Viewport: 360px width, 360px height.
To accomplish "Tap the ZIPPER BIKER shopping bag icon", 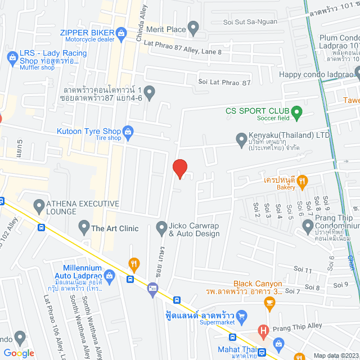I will (121, 34).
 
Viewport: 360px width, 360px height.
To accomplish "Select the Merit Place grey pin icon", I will (193, 26).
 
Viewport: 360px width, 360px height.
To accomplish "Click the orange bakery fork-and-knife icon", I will (303, 181).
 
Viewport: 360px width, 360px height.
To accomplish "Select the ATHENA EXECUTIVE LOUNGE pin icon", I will (39, 206).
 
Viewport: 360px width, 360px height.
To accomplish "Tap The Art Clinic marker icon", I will (84, 227).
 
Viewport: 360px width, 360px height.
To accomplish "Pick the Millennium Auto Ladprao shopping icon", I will (110, 275).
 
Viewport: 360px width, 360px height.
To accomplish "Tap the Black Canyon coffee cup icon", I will (269, 304).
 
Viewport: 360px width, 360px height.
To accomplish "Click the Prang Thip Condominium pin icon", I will (308, 227).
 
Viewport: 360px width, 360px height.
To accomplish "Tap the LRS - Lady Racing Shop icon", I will (11, 57).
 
